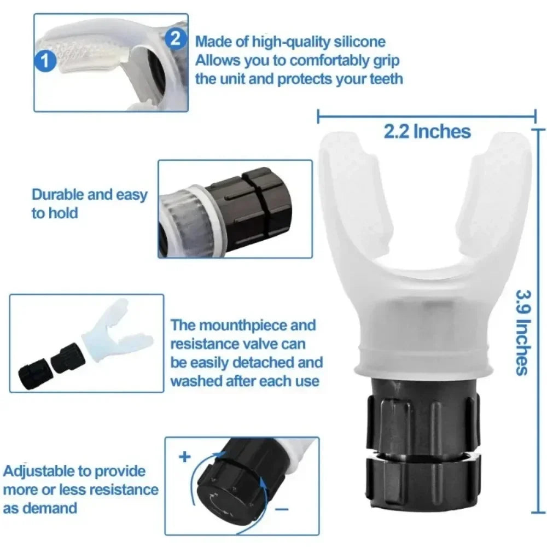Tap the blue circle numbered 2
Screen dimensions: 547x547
click(x=175, y=38)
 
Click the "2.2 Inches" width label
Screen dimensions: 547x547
click(x=427, y=131)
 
